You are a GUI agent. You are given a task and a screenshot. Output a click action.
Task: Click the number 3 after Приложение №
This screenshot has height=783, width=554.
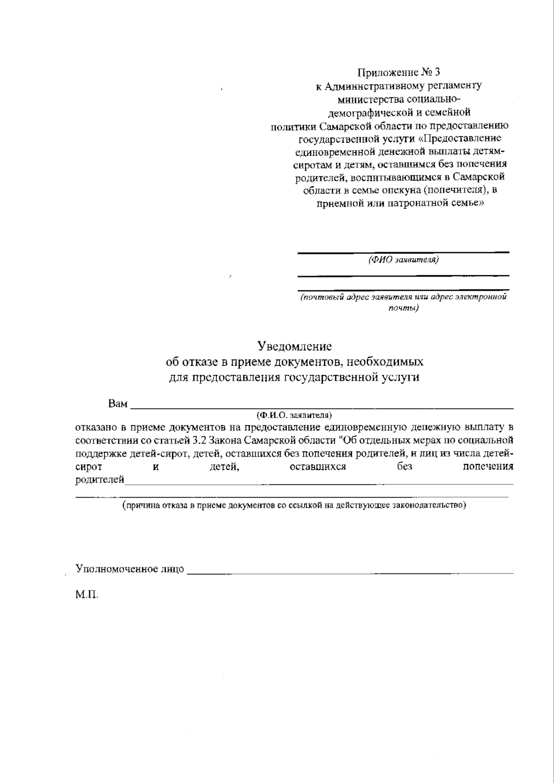[438, 72]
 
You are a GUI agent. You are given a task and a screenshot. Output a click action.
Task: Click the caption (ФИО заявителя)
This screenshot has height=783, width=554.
[403, 259]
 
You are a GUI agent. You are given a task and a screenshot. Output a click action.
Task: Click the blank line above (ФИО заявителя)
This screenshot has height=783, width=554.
[403, 252]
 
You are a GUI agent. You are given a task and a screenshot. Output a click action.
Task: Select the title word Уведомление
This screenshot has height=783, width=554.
[295, 346]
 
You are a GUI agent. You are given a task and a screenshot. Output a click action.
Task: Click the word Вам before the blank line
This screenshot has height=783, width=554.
[118, 404]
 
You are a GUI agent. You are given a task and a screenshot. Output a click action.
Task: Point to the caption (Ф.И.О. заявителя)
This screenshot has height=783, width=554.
[295, 415]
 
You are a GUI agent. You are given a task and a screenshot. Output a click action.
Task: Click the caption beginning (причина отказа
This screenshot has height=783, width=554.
[294, 505]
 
